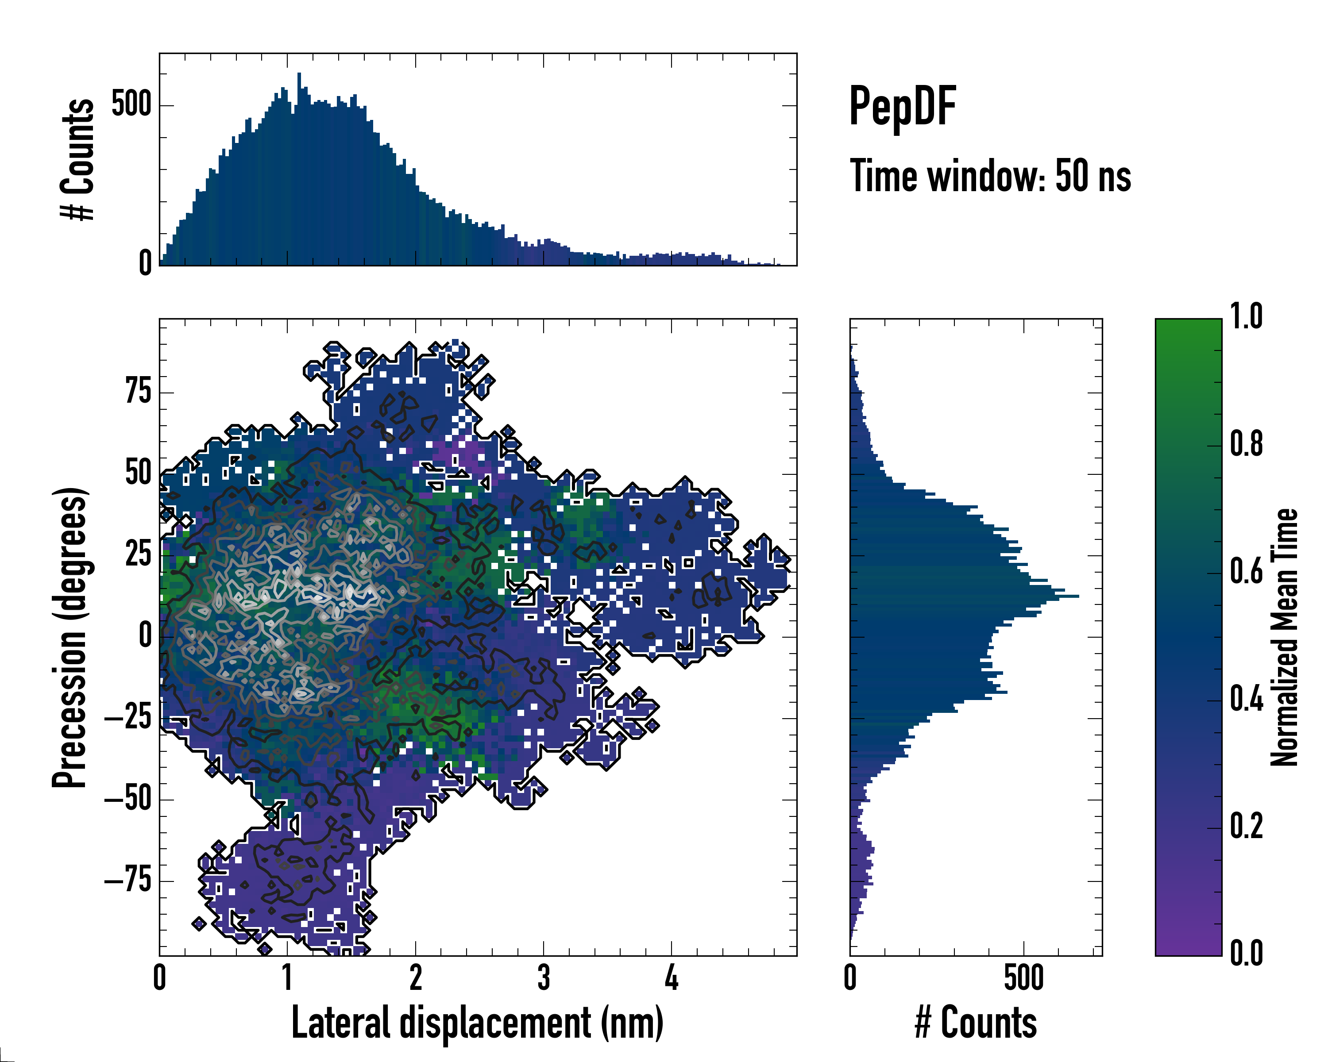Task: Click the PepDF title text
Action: coord(902,107)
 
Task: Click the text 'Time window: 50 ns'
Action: coord(990,176)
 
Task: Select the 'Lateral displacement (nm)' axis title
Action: coord(477,1022)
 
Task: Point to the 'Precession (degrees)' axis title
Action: coord(69,637)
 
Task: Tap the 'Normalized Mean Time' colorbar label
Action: coord(1284,637)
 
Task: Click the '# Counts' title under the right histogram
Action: coord(976,1022)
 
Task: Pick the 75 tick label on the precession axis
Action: coord(138,392)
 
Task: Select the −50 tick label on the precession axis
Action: coord(127,799)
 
